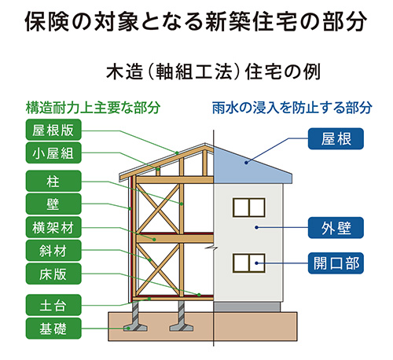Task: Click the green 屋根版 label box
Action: (x=53, y=130)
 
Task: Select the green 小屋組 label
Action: (x=53, y=152)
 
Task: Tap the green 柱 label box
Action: (x=53, y=181)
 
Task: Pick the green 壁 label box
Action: (x=53, y=204)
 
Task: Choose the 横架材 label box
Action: (x=53, y=227)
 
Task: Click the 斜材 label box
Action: (x=53, y=251)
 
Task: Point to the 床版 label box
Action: (x=53, y=274)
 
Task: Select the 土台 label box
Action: (x=53, y=305)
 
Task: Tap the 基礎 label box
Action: (x=53, y=329)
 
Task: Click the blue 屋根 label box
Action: (x=336, y=138)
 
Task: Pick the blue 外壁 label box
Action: (x=336, y=228)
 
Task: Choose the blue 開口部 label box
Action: (x=336, y=263)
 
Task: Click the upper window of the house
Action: (x=249, y=208)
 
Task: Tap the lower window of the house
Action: (x=249, y=263)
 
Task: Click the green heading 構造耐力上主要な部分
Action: (x=93, y=108)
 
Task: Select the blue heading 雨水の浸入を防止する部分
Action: (x=292, y=108)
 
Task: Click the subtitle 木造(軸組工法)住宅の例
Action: (x=213, y=72)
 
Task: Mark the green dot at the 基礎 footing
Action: (x=128, y=328)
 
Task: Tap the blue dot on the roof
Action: (x=246, y=163)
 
